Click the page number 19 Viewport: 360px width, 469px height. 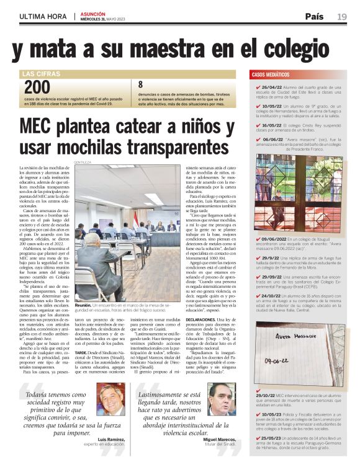point(342,16)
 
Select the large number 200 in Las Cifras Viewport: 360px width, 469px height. point(37,87)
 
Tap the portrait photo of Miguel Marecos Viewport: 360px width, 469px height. point(221,398)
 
